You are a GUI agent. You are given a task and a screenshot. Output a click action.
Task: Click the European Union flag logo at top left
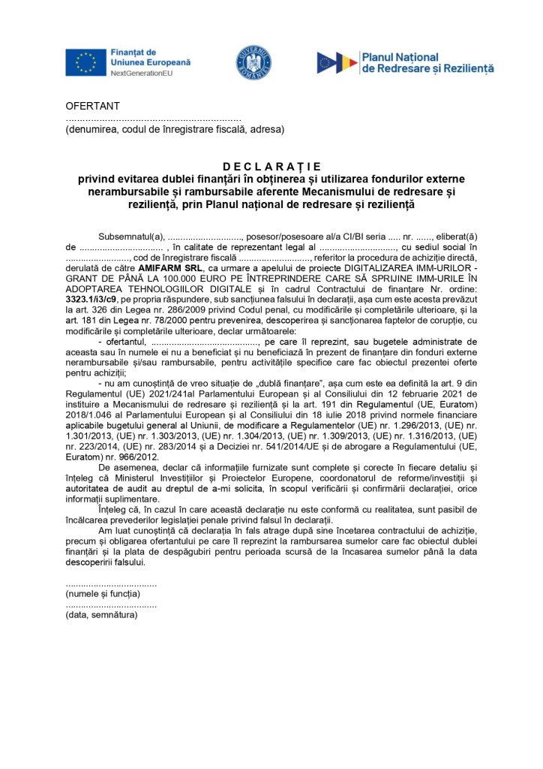tap(85, 62)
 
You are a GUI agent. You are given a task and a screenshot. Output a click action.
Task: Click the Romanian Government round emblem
tap(253, 62)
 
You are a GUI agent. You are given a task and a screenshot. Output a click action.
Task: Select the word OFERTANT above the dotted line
tap(93, 106)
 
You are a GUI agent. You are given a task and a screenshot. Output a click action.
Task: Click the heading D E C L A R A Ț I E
tap(271, 166)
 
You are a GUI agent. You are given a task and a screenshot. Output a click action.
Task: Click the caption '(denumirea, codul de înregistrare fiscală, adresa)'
tap(175, 129)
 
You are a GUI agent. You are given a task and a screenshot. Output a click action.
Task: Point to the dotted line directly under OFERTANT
tap(153, 119)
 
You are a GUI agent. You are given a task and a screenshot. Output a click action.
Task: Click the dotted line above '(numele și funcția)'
tap(111, 584)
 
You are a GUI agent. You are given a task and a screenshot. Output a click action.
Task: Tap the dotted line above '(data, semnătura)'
tap(111, 605)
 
